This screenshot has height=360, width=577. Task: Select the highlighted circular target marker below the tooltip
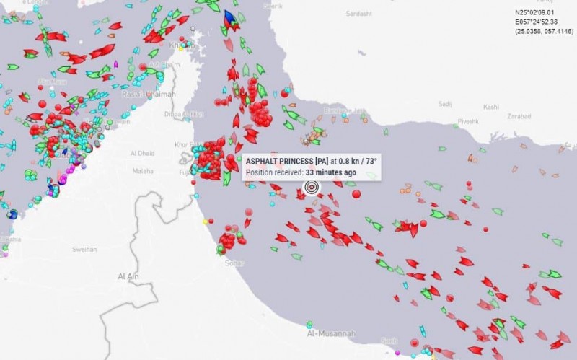click(312, 187)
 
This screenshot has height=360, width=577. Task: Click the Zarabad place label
click(519, 115)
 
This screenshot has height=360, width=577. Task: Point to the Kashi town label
click(490, 107)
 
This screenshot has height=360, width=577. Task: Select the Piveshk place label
click(467, 122)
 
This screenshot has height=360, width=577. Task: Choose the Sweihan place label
click(85, 249)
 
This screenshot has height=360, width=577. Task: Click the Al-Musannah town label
click(331, 334)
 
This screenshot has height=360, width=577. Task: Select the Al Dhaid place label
click(142, 153)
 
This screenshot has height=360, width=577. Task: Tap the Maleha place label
click(143, 171)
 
